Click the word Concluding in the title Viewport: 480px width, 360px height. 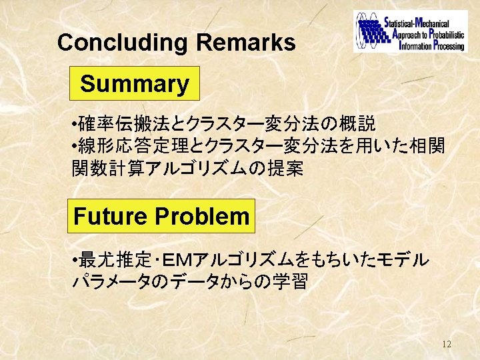122,43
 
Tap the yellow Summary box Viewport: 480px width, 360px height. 135,83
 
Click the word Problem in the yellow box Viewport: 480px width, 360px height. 203,216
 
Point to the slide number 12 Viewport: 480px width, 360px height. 447,344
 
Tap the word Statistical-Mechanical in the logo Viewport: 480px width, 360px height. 417,23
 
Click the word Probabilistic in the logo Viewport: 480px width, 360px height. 447,35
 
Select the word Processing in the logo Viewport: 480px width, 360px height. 449,46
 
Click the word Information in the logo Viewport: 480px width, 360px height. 415,46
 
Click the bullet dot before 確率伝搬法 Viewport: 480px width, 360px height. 75,124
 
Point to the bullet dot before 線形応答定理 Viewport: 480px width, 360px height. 75,145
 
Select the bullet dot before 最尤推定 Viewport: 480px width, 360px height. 75,261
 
